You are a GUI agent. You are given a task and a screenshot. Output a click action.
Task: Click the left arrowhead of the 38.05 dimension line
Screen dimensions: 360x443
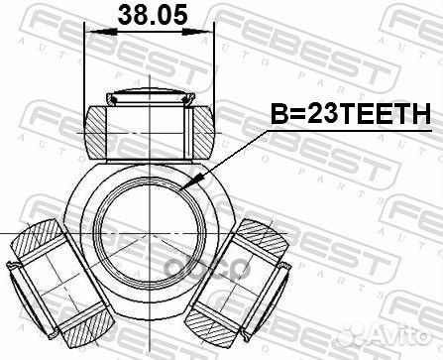coord(93,33)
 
